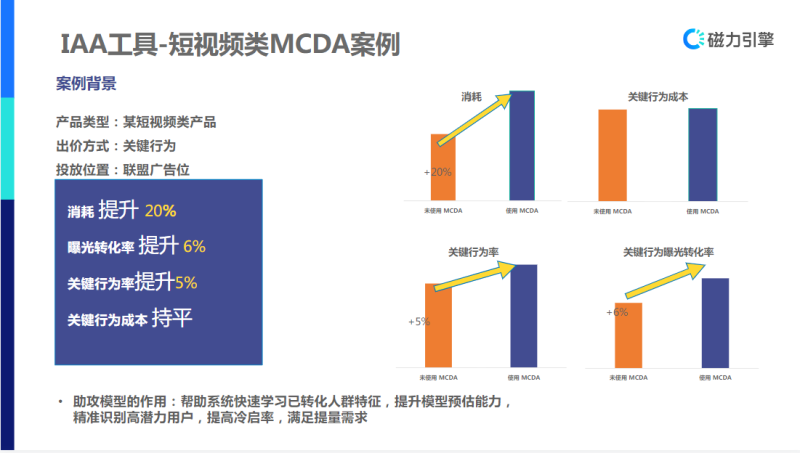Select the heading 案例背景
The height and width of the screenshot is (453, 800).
click(x=86, y=83)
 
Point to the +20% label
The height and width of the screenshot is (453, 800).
click(x=437, y=172)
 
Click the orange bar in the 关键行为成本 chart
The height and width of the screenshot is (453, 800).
click(x=612, y=155)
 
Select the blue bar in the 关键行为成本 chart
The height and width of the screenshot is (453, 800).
click(x=703, y=154)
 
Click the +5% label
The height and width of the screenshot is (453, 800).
click(x=418, y=322)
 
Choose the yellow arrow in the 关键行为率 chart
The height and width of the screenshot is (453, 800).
click(x=476, y=275)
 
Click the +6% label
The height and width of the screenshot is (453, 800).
click(x=616, y=312)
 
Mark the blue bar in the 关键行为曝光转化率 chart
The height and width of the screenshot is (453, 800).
click(x=715, y=322)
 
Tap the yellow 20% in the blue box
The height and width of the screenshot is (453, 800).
click(x=160, y=212)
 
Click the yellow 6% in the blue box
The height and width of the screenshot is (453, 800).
click(x=194, y=247)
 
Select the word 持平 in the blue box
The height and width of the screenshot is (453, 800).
click(x=172, y=319)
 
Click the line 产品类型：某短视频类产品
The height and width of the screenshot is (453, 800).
click(x=136, y=123)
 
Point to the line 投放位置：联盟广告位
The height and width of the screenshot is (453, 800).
click(x=136, y=169)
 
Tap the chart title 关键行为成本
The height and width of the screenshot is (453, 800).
click(x=657, y=97)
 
